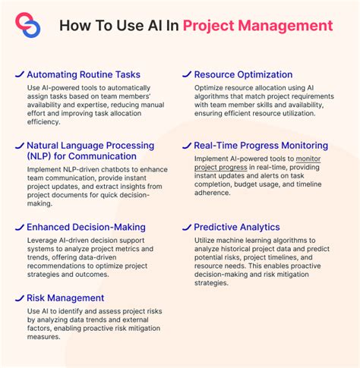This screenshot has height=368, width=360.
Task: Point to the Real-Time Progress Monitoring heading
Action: (x=261, y=145)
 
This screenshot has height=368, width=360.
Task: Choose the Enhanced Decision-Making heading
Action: (x=86, y=227)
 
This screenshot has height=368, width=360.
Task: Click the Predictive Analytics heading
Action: (x=237, y=227)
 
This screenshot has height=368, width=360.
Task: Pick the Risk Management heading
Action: (x=65, y=298)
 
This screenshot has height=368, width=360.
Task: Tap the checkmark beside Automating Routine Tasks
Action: (x=18, y=74)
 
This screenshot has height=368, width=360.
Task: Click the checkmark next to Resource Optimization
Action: (x=186, y=74)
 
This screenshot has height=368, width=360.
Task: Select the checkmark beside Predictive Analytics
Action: (x=186, y=226)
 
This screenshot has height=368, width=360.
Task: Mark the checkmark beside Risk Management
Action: (x=18, y=297)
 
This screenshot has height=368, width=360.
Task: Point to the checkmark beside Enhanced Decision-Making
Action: (x=18, y=226)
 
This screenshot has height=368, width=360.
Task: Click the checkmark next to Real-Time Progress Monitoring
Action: (x=186, y=144)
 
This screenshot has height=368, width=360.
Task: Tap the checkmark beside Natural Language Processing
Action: (x=18, y=144)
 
